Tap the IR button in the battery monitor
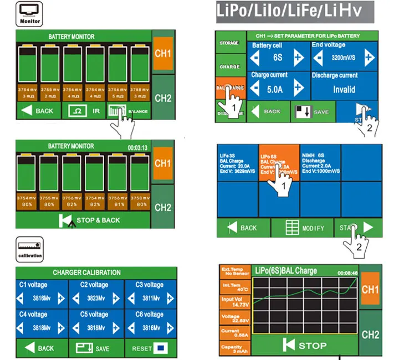coord(84,111)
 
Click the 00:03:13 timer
coord(137,148)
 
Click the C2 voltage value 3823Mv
coord(96,298)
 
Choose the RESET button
coord(150,348)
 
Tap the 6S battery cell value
coord(278,58)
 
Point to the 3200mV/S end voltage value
coord(340,58)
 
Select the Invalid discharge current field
coord(344,89)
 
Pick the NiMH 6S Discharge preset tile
coord(319,163)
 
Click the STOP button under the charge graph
coord(305,346)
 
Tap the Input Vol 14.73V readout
coord(236,301)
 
